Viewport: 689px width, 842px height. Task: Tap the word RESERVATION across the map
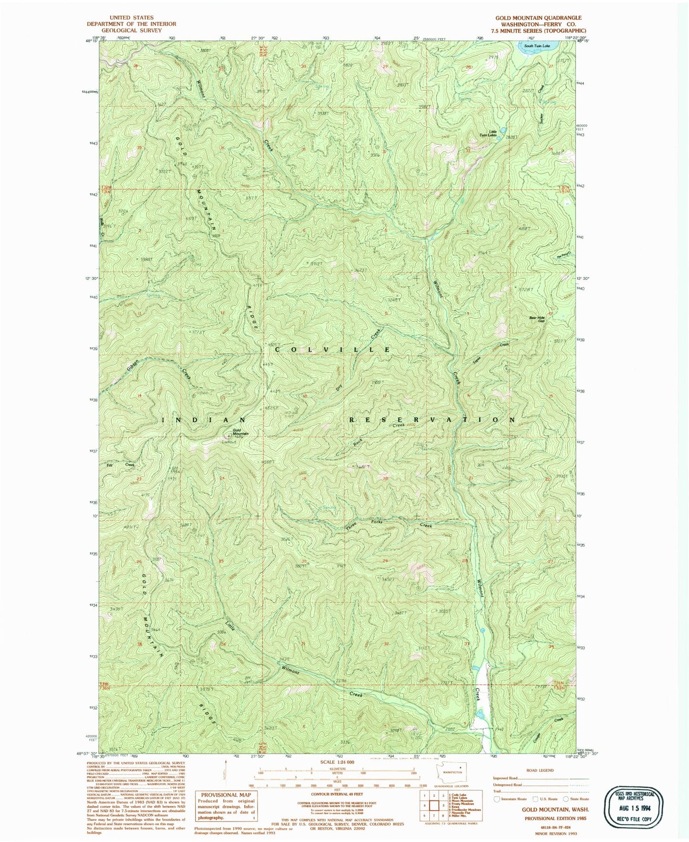tap(432, 420)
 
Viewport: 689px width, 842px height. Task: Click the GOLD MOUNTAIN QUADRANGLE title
tap(538, 18)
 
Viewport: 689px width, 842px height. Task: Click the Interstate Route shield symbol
tap(498, 799)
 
